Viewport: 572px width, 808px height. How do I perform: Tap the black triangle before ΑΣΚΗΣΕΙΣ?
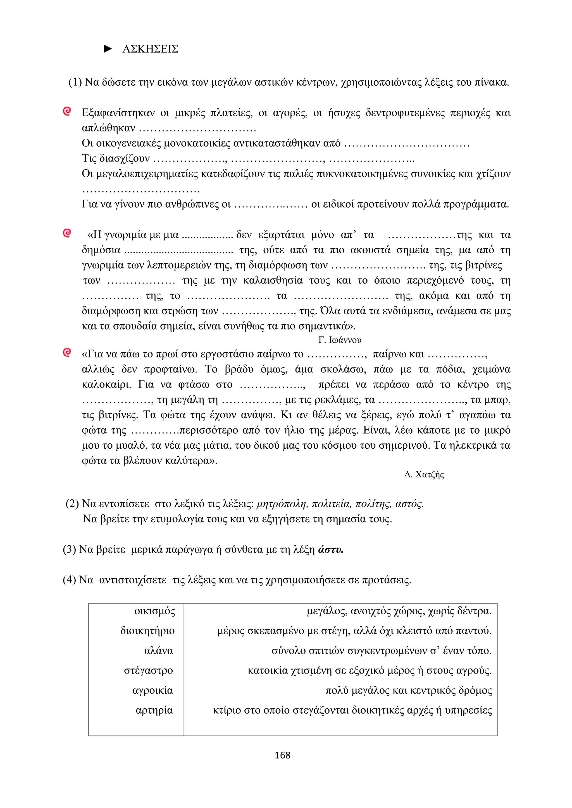(x=108, y=49)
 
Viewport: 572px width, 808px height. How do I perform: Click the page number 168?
(x=282, y=755)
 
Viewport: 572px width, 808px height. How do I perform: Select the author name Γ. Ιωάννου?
(x=340, y=340)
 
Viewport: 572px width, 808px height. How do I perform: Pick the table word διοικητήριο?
(x=147, y=631)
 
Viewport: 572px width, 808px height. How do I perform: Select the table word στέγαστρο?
(x=148, y=670)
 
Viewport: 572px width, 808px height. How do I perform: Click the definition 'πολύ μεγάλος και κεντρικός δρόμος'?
(x=409, y=691)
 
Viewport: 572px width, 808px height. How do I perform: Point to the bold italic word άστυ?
(x=330, y=550)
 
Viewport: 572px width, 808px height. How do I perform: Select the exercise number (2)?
(x=72, y=504)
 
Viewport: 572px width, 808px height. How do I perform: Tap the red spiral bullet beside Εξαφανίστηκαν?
(x=66, y=112)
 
